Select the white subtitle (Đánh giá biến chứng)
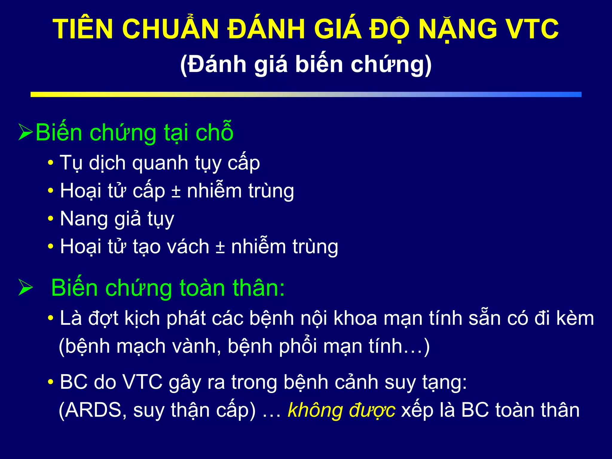click(306, 64)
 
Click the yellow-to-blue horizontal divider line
click(306, 94)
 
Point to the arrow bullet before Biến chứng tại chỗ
click(25, 132)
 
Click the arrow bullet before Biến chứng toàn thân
click(25, 287)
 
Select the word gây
click(185, 382)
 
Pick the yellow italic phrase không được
click(341, 410)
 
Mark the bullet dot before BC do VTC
click(51, 382)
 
